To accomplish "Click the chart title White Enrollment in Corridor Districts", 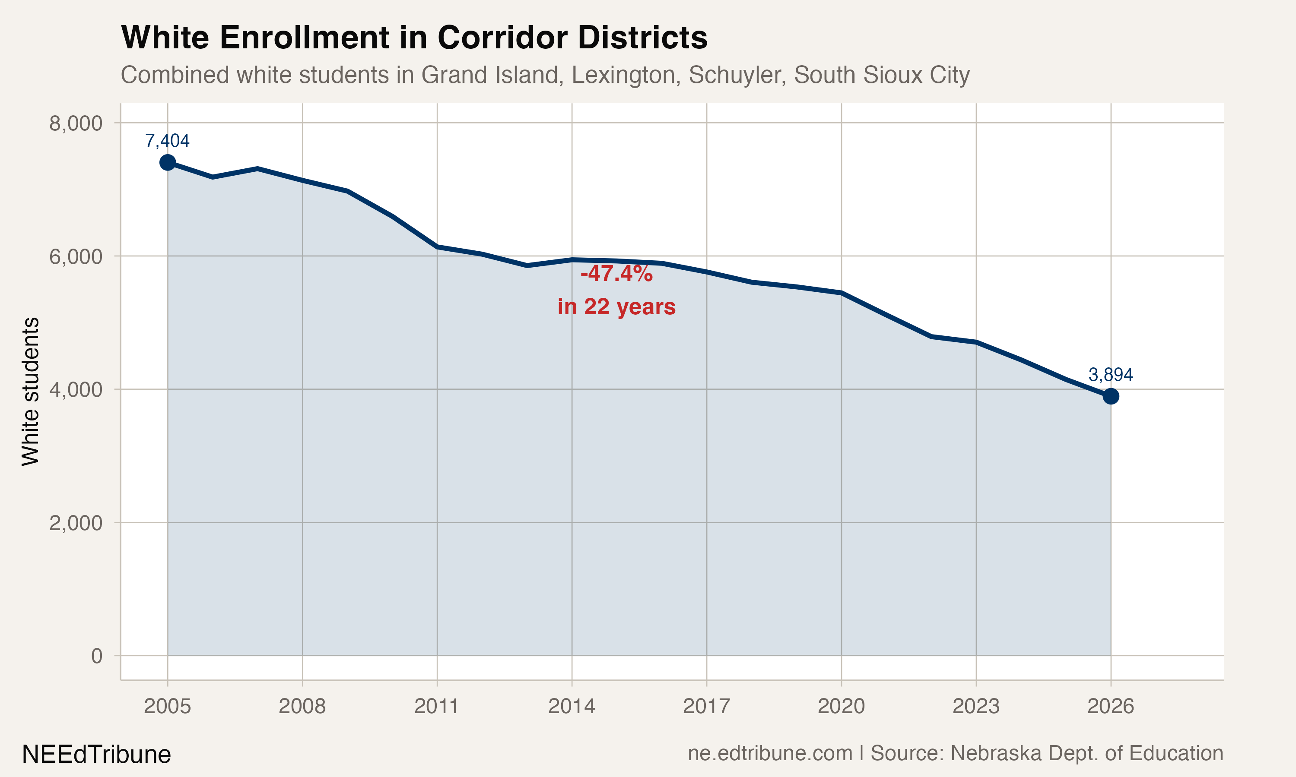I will (414, 38).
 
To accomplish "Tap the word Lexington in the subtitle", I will (623, 75).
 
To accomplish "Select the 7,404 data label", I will (167, 140).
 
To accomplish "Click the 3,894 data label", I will (1111, 374).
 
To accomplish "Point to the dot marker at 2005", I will (168, 162).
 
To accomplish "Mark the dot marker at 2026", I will (1111, 396).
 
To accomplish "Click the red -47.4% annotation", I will (616, 273).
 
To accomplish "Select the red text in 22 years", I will (616, 307).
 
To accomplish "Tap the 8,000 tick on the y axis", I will (76, 123).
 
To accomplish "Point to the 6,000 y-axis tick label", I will (76, 256).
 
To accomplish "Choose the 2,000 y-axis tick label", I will (76, 523).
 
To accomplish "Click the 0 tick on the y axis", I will (96, 656).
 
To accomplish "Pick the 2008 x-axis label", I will (302, 706).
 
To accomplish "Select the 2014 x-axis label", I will (572, 706).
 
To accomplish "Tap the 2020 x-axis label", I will (841, 706).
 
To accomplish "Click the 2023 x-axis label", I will (976, 706).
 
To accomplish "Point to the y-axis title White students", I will (30, 391).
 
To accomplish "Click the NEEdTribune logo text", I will (96, 755).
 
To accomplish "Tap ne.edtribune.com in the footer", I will (769, 753).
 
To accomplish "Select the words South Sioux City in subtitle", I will (882, 75).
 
